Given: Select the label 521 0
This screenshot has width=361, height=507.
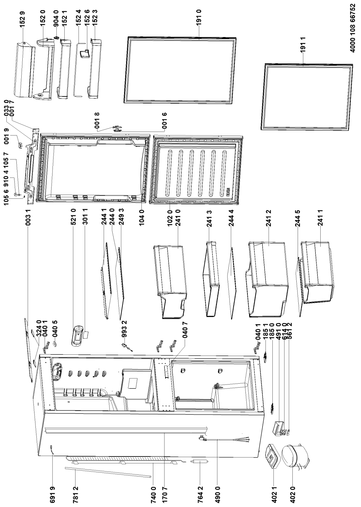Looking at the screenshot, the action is (x=74, y=218).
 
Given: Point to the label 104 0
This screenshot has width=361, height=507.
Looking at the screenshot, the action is (x=142, y=218).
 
